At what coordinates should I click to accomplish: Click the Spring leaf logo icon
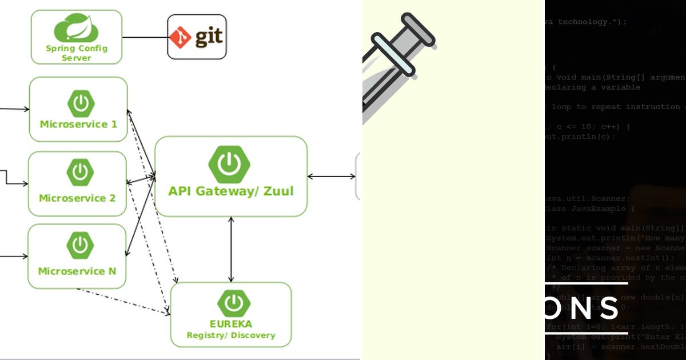(76, 29)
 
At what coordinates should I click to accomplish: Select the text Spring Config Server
(76, 53)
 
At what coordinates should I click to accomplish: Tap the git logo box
(197, 37)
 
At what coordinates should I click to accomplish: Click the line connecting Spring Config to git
(145, 38)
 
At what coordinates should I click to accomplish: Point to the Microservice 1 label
(78, 124)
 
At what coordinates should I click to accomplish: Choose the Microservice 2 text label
(77, 198)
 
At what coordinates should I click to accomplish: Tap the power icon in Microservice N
(79, 245)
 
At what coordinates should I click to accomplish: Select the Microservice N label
(77, 271)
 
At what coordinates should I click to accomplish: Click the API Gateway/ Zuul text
(231, 191)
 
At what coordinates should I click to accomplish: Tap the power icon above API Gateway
(230, 164)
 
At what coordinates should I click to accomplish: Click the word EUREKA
(231, 323)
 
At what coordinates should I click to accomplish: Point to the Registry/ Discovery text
(231, 335)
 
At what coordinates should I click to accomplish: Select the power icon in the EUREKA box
(232, 302)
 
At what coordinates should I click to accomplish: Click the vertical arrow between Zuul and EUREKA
(231, 249)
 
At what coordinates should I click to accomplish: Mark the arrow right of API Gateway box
(332, 177)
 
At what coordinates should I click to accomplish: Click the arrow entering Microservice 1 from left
(14, 109)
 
